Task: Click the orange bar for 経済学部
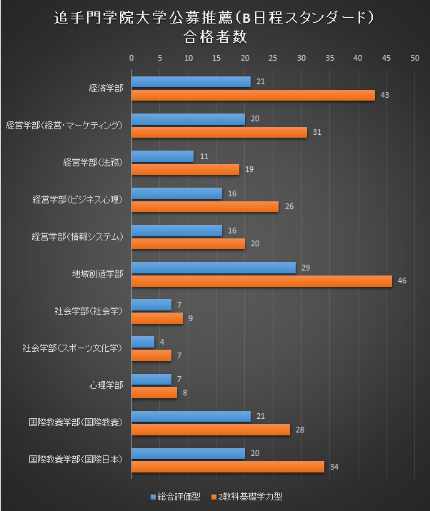coord(253,95)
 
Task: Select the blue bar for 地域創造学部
coord(213,268)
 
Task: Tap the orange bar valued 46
coord(261,281)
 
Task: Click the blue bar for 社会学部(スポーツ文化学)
coord(142,342)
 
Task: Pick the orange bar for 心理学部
coord(154,393)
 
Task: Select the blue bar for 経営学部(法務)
coord(162,156)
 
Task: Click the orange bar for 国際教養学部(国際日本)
coord(227,467)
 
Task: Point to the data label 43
coord(384,95)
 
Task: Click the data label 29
coord(305,268)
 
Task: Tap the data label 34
coord(334,467)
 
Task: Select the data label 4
coord(161,342)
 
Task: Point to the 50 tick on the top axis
coord(414,58)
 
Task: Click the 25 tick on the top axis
coord(273,58)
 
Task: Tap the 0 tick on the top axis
coord(131,58)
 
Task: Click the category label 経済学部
coord(106,88)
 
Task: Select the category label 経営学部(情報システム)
coord(79,237)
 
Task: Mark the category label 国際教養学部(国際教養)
coord(75,423)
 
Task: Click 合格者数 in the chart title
coord(214,34)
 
